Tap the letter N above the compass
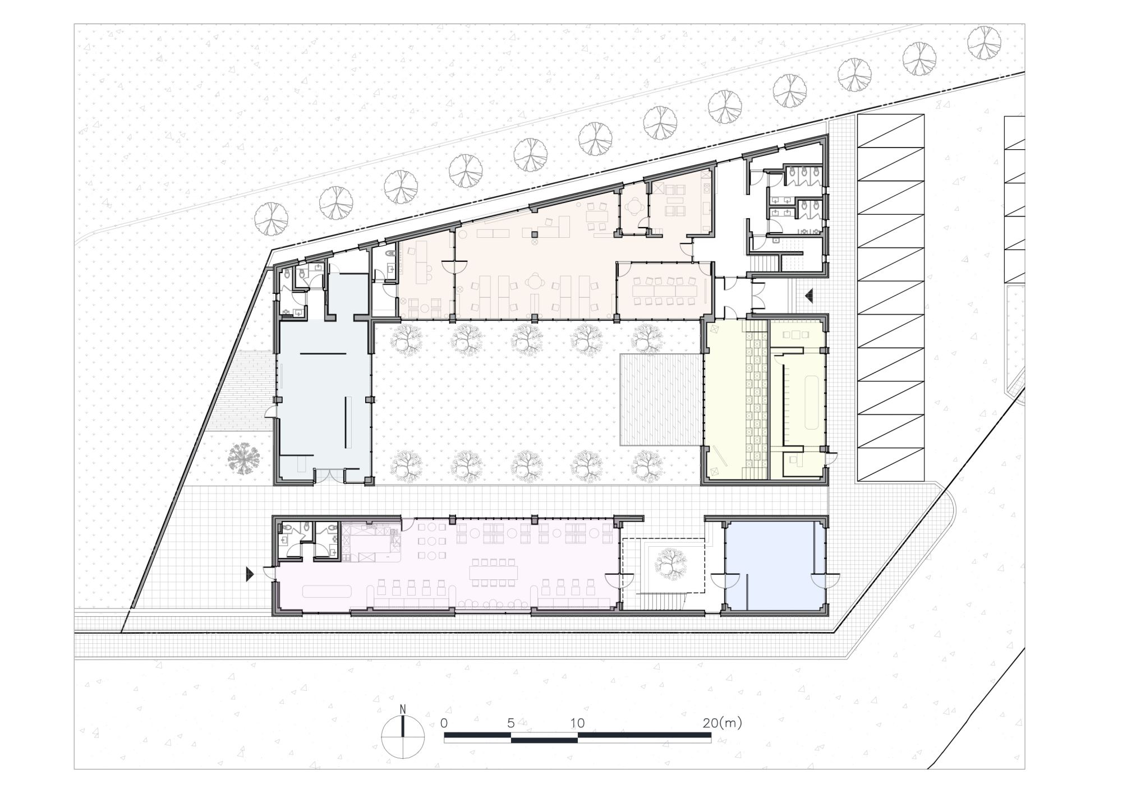click(403, 708)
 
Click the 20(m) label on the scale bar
click(722, 723)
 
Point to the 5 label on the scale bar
click(511, 723)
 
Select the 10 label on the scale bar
click(578, 723)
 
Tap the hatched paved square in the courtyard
click(661, 399)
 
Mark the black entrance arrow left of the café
click(250, 574)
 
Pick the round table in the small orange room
click(634, 208)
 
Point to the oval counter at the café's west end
click(327, 591)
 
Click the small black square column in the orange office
click(535, 234)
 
